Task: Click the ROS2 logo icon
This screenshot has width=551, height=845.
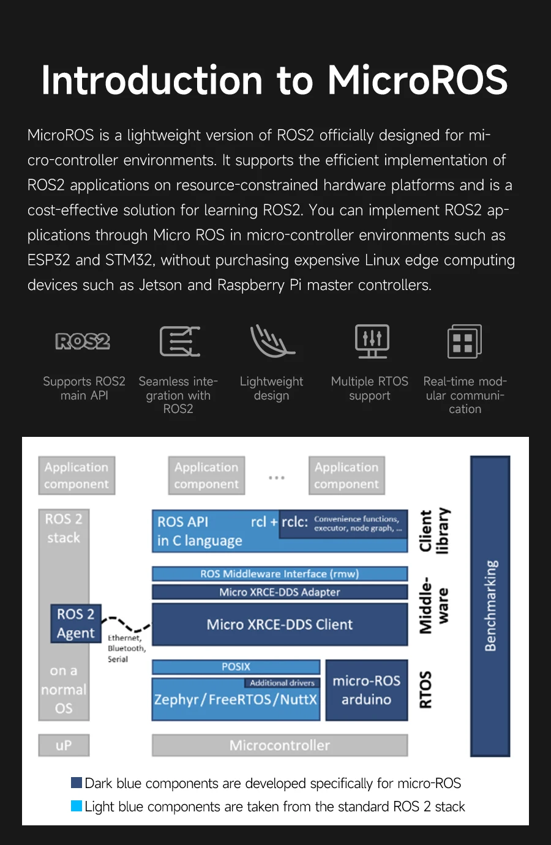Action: (x=83, y=341)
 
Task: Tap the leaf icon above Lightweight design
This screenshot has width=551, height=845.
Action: (x=272, y=341)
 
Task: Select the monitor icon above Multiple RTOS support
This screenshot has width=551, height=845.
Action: (x=372, y=341)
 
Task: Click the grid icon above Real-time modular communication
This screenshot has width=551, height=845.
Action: (x=464, y=341)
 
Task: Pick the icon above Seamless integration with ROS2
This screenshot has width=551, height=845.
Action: (x=179, y=341)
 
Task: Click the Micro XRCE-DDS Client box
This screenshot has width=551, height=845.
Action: (x=279, y=625)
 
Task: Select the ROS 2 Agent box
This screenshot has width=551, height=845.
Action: (x=75, y=624)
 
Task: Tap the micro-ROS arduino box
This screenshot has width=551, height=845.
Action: (x=366, y=690)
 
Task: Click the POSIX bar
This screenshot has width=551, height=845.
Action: (x=236, y=666)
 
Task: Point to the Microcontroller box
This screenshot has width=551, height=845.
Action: (x=279, y=745)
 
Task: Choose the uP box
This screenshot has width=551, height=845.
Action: (x=64, y=745)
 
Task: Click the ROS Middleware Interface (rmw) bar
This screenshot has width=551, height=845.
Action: (x=279, y=574)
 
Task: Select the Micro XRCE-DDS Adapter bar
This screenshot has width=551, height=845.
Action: (x=279, y=592)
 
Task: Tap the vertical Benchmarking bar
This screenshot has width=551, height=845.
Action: (x=490, y=606)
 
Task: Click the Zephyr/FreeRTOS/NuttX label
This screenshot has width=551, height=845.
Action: (x=236, y=699)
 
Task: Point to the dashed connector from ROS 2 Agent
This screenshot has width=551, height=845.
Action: (x=126, y=624)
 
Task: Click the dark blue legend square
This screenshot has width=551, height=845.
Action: (x=77, y=783)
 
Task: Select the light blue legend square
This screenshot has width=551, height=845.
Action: (x=77, y=806)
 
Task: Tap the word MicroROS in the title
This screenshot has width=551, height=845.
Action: (x=418, y=80)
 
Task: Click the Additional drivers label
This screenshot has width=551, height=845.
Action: (x=282, y=683)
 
